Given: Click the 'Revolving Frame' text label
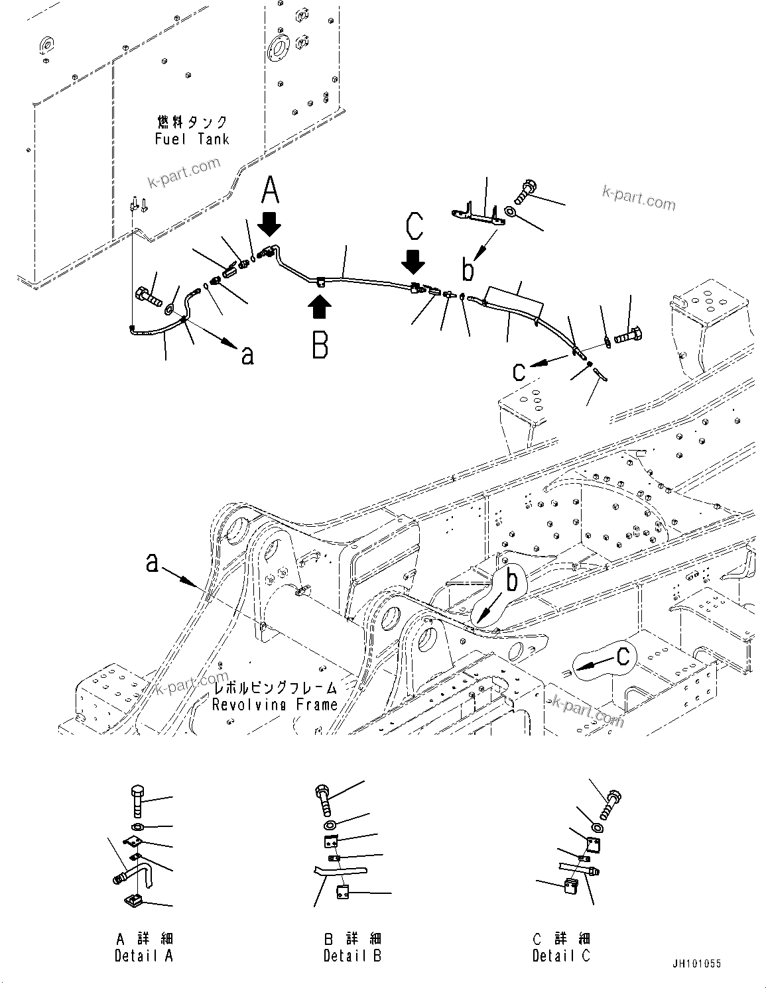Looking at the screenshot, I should coord(275,704).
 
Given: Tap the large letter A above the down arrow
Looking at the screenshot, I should coord(270,192).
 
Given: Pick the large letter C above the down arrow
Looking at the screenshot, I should coord(415,226).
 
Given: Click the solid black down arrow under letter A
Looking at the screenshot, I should coord(270,224).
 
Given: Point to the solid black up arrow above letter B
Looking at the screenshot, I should coord(320,308).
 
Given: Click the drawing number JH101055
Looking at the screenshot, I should coord(695,964).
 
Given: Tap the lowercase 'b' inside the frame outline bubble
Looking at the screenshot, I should coord(511,582).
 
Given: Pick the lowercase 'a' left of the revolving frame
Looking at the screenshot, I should coord(153,564).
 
